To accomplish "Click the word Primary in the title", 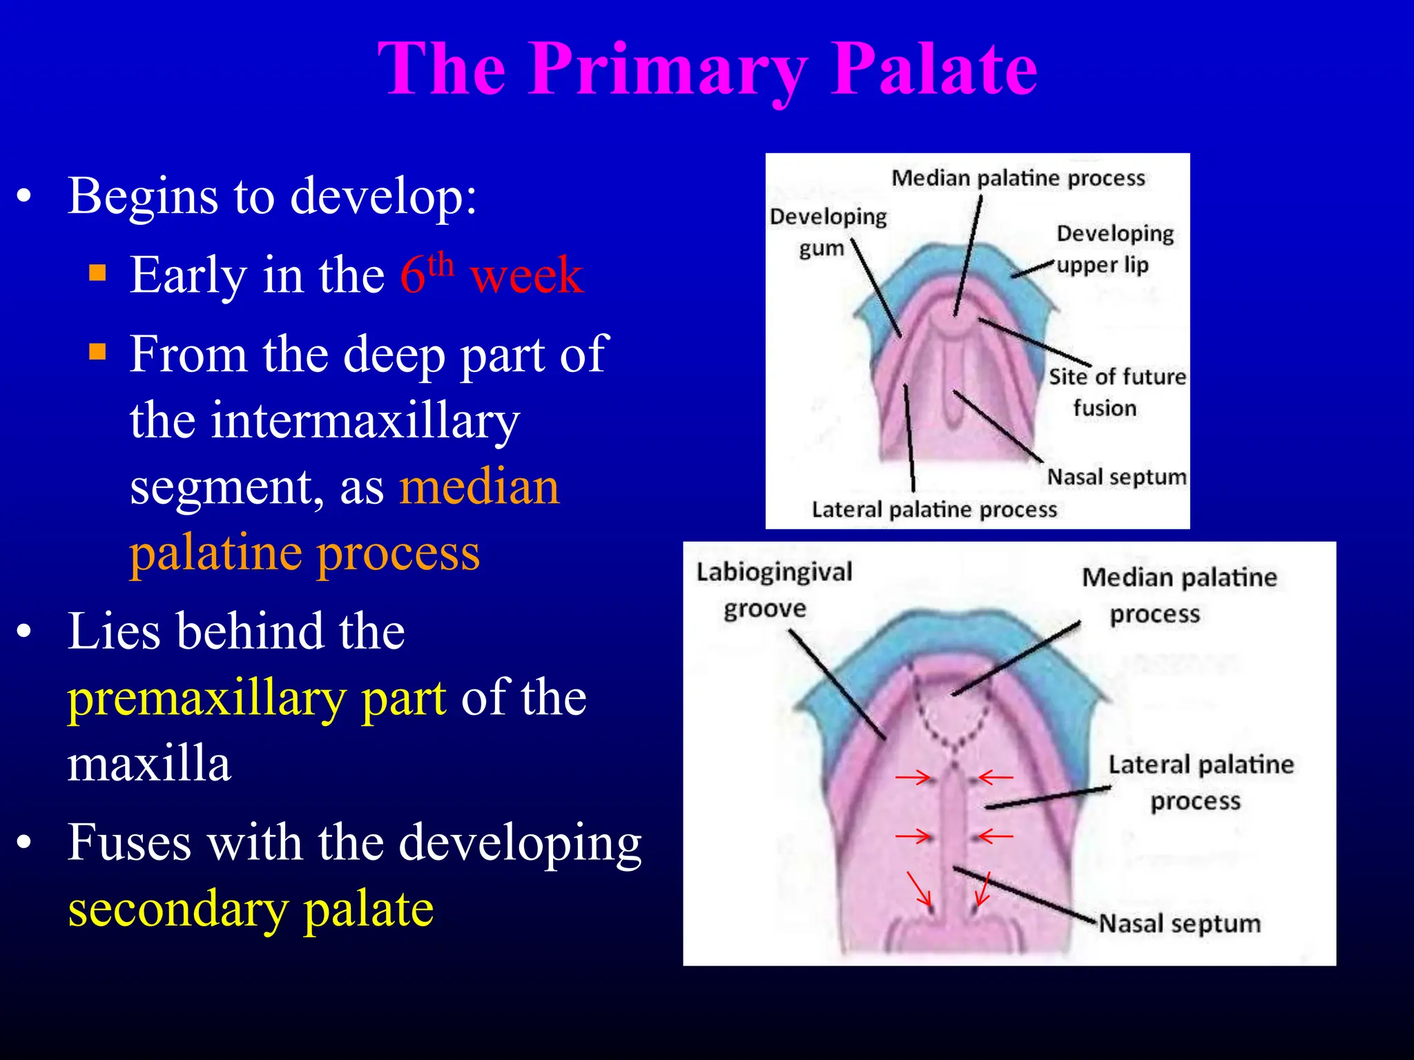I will point(668,69).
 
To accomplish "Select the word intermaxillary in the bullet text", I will point(325,420).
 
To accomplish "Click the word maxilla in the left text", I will point(148,764).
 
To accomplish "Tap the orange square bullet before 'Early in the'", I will point(98,274).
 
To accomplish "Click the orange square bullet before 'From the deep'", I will point(98,353).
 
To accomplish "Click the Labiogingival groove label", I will point(773,590).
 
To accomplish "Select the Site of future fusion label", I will point(1116,392).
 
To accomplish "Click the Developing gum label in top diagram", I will point(827,232).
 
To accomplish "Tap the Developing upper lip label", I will point(1113,248).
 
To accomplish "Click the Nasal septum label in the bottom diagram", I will point(1179,923).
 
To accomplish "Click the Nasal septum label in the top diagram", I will point(1116,477).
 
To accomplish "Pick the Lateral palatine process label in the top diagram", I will point(933,510).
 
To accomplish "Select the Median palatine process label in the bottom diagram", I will point(1178,595).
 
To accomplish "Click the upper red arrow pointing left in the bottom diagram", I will point(996,778).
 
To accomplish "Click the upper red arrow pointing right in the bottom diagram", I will point(913,778).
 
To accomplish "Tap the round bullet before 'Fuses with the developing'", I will point(25,843).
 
